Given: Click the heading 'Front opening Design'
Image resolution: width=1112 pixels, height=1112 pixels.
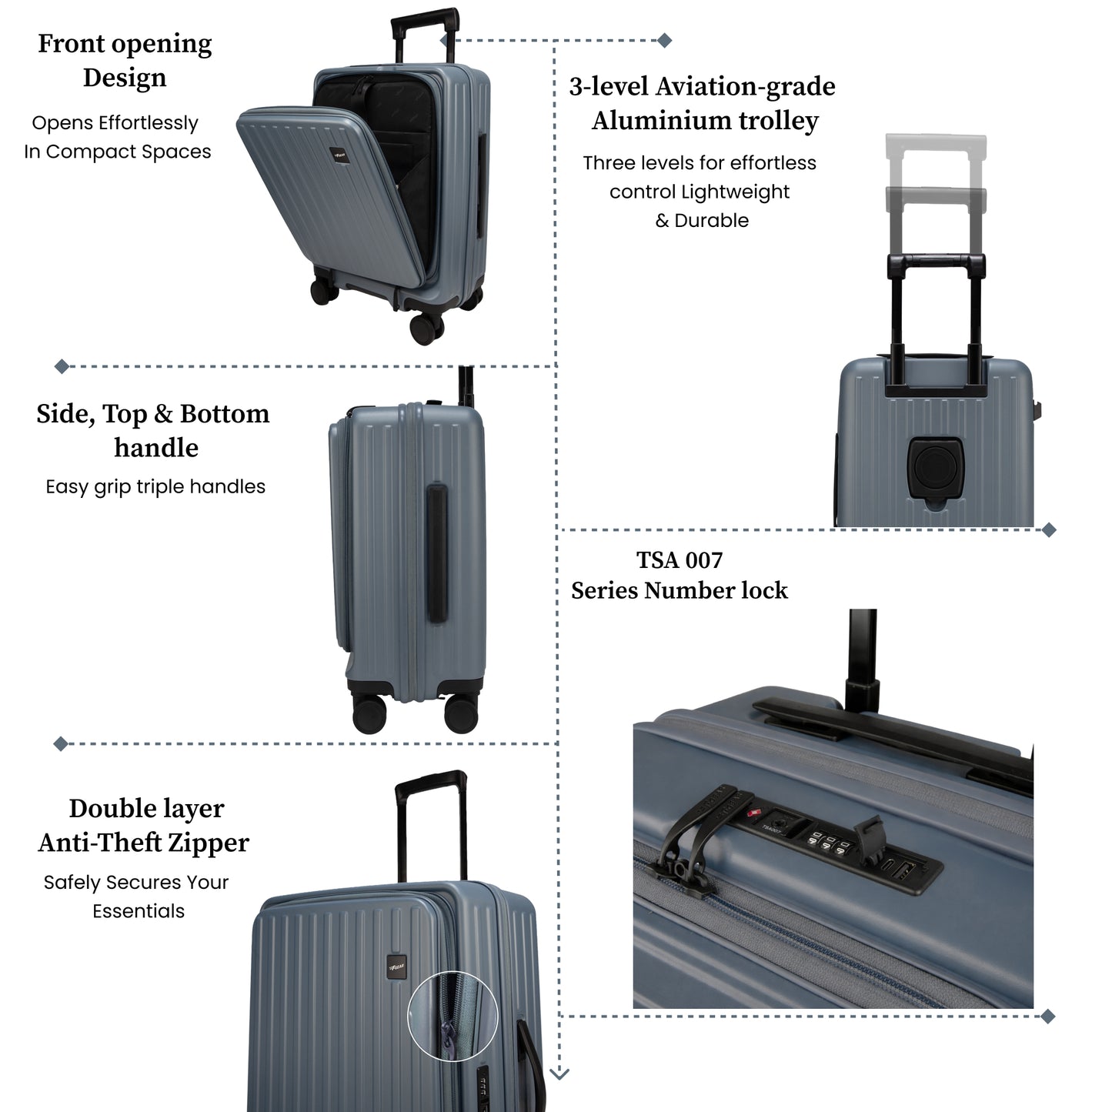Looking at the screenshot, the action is pos(125,60).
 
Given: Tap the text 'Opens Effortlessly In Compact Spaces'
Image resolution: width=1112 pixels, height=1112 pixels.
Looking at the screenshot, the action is pos(117,137).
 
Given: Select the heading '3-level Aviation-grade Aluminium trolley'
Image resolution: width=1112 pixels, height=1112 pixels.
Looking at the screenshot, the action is pos(703,103).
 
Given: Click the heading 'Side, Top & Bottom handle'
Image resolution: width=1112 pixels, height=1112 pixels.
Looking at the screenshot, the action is pos(153,430).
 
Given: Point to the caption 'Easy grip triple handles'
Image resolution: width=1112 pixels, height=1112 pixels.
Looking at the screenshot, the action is pos(155,486).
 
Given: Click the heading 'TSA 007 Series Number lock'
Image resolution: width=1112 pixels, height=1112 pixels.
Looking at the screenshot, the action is pos(680,575).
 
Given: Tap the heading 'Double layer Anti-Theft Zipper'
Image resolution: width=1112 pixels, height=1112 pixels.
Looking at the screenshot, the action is pos(144,825).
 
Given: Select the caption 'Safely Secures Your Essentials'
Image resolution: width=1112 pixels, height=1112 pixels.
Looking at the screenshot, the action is pos(137,897).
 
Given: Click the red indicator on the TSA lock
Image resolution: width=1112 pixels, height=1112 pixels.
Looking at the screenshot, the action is pos(753,813).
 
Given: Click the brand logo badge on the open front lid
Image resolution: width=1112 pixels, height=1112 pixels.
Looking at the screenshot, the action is pos(337,155).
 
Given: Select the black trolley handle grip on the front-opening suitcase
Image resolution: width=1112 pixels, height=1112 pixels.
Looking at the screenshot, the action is pos(426,21).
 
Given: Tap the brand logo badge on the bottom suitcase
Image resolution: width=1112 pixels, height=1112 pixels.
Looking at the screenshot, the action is pos(396,967).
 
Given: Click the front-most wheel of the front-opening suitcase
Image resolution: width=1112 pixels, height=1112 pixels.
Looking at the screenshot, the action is pos(426,329).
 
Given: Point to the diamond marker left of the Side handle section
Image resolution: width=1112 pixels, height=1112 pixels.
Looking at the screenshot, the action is pos(62,366).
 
